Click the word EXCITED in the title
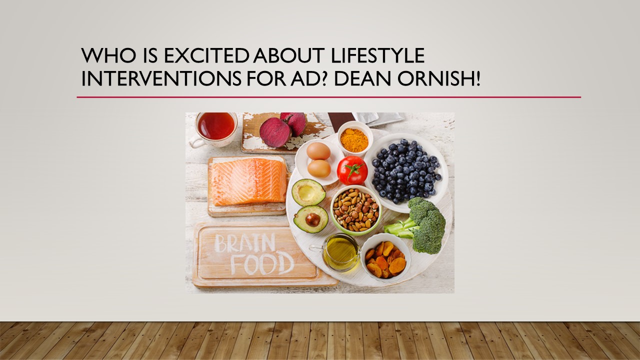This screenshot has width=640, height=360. (206, 55)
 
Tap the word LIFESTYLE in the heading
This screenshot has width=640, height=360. (377, 55)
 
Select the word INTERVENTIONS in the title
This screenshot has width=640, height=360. (161, 78)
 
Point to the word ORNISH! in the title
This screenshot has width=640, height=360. (438, 78)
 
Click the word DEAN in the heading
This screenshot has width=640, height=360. (362, 78)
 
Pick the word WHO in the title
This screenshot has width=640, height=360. (108, 55)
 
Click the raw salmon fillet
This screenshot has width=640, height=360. (248, 181)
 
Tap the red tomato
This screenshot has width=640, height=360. (352, 170)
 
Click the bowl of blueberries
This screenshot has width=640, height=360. (405, 172)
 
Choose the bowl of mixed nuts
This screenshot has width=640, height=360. (356, 210)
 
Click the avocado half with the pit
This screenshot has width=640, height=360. (311, 219)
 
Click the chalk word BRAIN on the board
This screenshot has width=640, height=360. (245, 243)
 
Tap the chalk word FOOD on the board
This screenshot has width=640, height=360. (262, 264)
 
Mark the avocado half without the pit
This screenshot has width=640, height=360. (308, 192)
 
